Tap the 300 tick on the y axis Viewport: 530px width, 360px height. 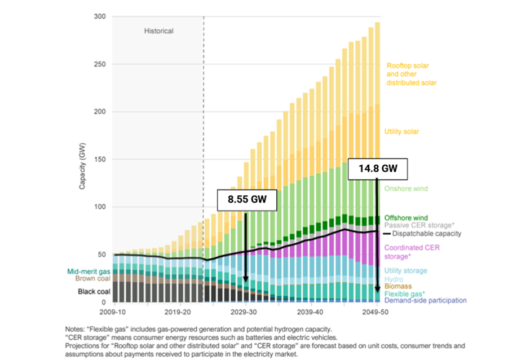point(100,17)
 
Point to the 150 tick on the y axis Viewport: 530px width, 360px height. point(100,160)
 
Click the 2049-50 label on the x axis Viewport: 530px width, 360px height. point(377,311)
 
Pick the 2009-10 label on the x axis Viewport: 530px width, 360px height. point(114,311)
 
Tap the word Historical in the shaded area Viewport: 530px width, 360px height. point(158,31)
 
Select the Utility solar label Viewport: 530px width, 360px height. point(402,131)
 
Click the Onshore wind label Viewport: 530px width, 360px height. point(406,189)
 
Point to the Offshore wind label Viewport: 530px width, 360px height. point(406,218)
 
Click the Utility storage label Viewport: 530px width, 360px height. point(406,271)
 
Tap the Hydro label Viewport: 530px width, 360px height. point(394,279)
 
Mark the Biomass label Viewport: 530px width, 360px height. point(398,286)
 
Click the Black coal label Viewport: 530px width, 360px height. point(94,292)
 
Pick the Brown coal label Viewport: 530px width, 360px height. point(93,278)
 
